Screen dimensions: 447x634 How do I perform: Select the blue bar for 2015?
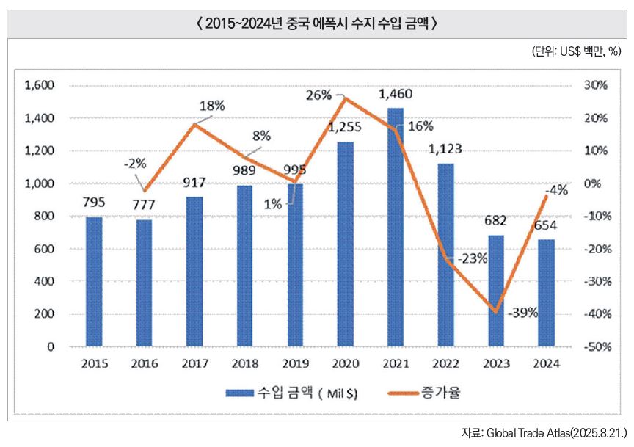94,281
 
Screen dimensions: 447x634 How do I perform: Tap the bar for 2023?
496,291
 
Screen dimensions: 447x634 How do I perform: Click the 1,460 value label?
396,95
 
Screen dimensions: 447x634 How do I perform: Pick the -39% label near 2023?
523,313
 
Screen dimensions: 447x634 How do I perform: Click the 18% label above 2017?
211,105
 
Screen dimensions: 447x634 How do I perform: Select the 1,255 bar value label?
344,127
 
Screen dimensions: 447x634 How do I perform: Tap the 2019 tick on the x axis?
295,363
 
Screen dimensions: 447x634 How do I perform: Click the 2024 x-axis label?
546,363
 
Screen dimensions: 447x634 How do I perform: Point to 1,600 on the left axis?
40,85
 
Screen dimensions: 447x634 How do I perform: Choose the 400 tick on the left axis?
45,282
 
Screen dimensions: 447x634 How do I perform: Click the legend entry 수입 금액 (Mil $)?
292,393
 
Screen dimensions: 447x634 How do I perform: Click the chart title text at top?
317,23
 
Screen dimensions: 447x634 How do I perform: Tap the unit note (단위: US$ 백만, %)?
576,51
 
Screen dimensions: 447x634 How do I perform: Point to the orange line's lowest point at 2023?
496,312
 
